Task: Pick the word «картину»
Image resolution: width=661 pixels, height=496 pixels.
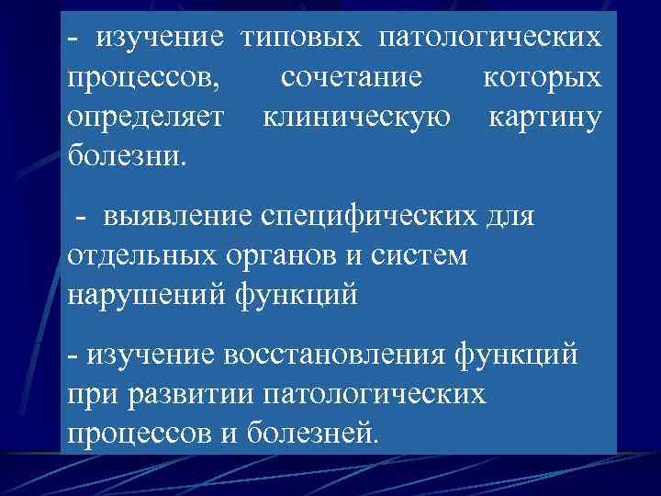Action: [x=545, y=118]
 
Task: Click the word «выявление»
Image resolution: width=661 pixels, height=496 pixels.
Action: [x=181, y=218]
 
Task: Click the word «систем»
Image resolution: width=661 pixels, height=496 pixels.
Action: [x=421, y=257]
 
